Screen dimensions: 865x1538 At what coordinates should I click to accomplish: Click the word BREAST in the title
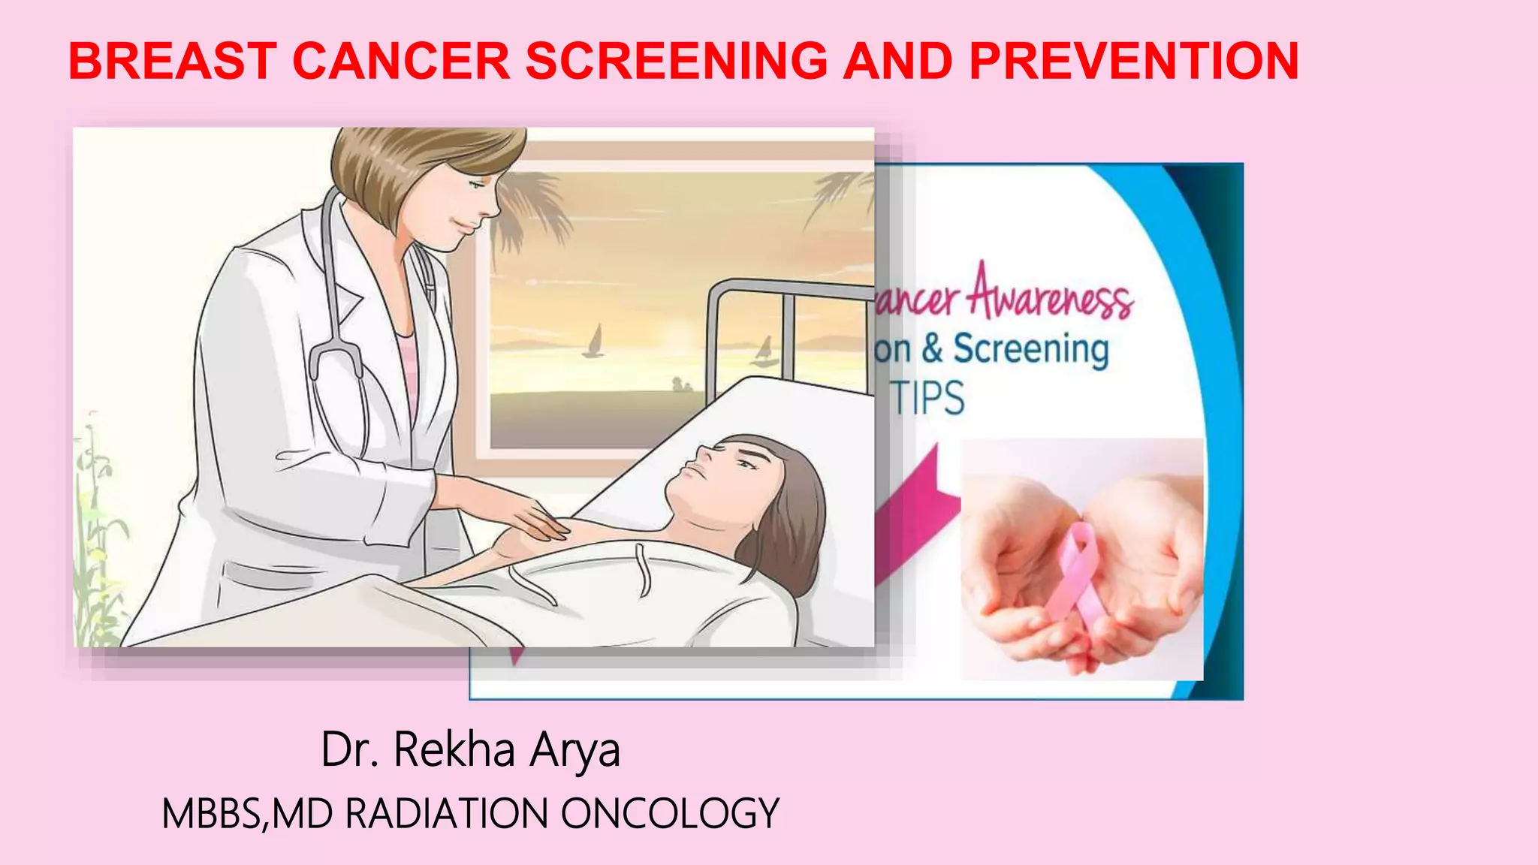tap(173, 61)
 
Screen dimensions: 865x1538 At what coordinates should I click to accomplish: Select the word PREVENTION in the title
tap(1134, 61)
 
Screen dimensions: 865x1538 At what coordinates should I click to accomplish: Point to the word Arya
tap(575, 751)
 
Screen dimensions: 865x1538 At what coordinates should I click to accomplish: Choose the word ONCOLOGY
tap(670, 814)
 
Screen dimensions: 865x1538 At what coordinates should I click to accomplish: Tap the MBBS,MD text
tap(247, 814)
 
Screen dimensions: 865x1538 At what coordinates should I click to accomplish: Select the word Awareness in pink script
tap(1050, 295)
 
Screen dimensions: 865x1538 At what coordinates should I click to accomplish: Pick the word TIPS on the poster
tap(928, 398)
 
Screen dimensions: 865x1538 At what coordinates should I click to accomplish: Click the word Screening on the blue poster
tap(1030, 350)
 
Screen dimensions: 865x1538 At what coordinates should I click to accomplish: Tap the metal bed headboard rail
tap(789, 289)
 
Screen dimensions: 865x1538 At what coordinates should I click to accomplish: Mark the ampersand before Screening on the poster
tap(932, 349)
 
